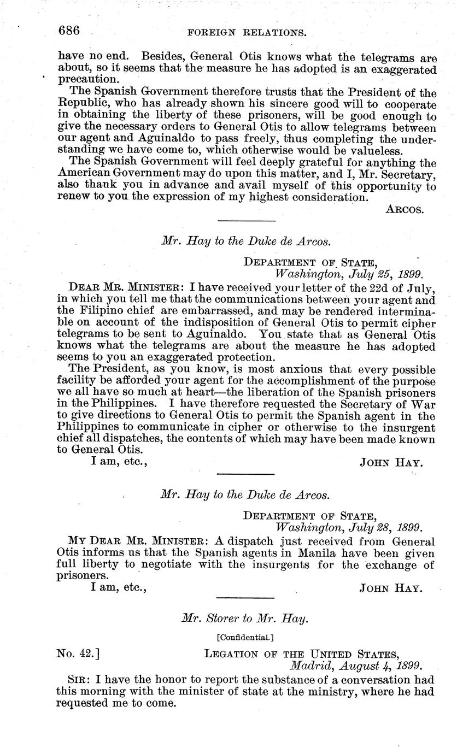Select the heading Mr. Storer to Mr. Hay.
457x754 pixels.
[x=245, y=618]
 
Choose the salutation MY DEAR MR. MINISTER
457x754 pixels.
[x=128, y=541]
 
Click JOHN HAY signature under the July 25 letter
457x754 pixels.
[x=391, y=463]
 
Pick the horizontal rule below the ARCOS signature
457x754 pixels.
[x=246, y=221]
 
